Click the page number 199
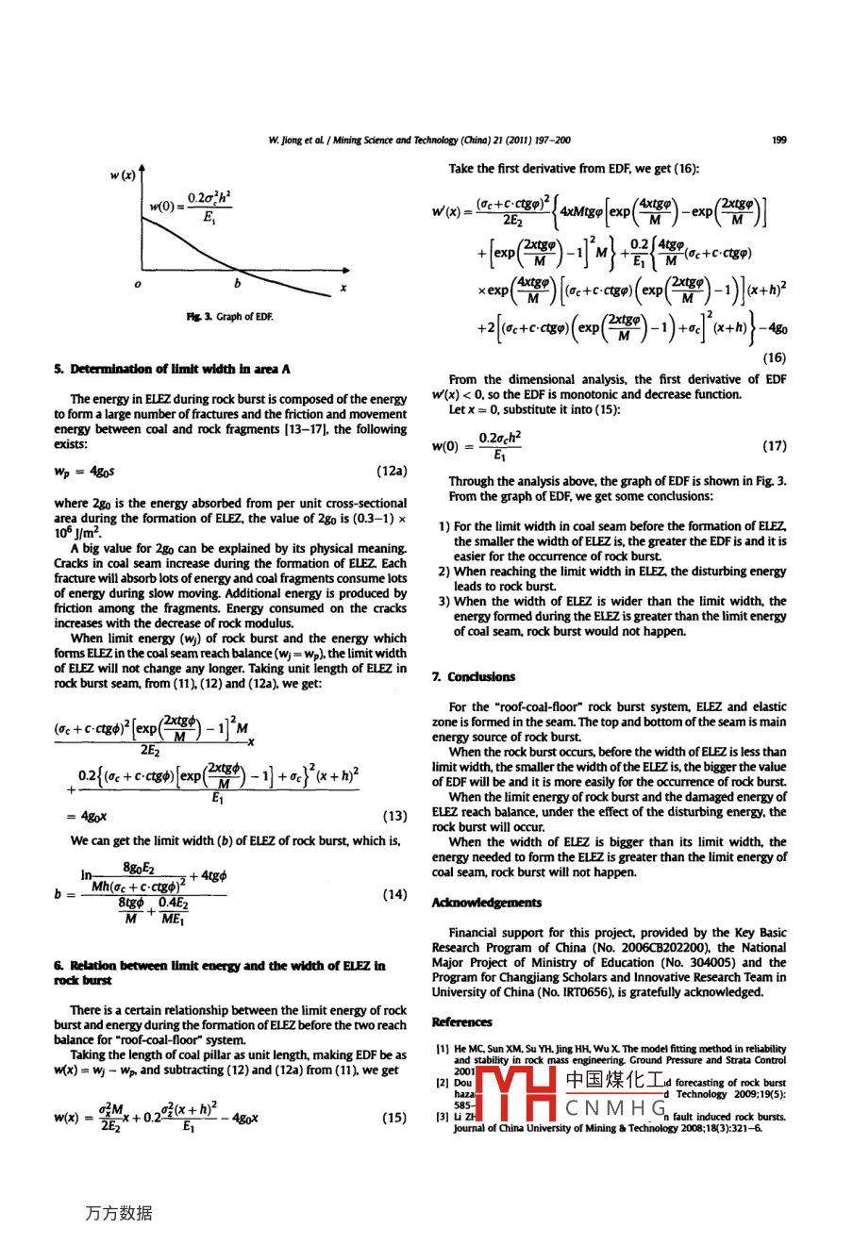click(x=778, y=141)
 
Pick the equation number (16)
click(x=773, y=357)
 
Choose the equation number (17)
click(x=773, y=445)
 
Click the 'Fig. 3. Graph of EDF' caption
click(x=229, y=317)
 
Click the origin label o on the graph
click(x=138, y=285)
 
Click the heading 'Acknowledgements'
click(x=486, y=903)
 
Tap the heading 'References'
click(x=461, y=1021)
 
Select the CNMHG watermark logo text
click(x=616, y=1106)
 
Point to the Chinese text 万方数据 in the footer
click(x=118, y=1214)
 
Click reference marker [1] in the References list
click(x=441, y=1048)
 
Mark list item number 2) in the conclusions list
click(x=443, y=572)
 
